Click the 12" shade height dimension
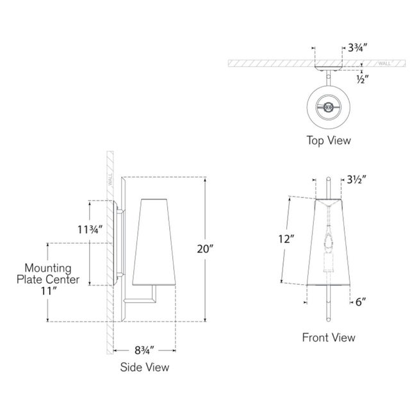click(x=287, y=240)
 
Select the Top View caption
click(x=329, y=139)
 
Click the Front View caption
click(x=329, y=338)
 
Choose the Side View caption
click(x=145, y=367)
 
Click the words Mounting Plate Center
click(x=52, y=274)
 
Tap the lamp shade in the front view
click(x=329, y=243)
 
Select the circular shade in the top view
click(x=329, y=108)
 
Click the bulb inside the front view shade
click(x=329, y=243)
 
